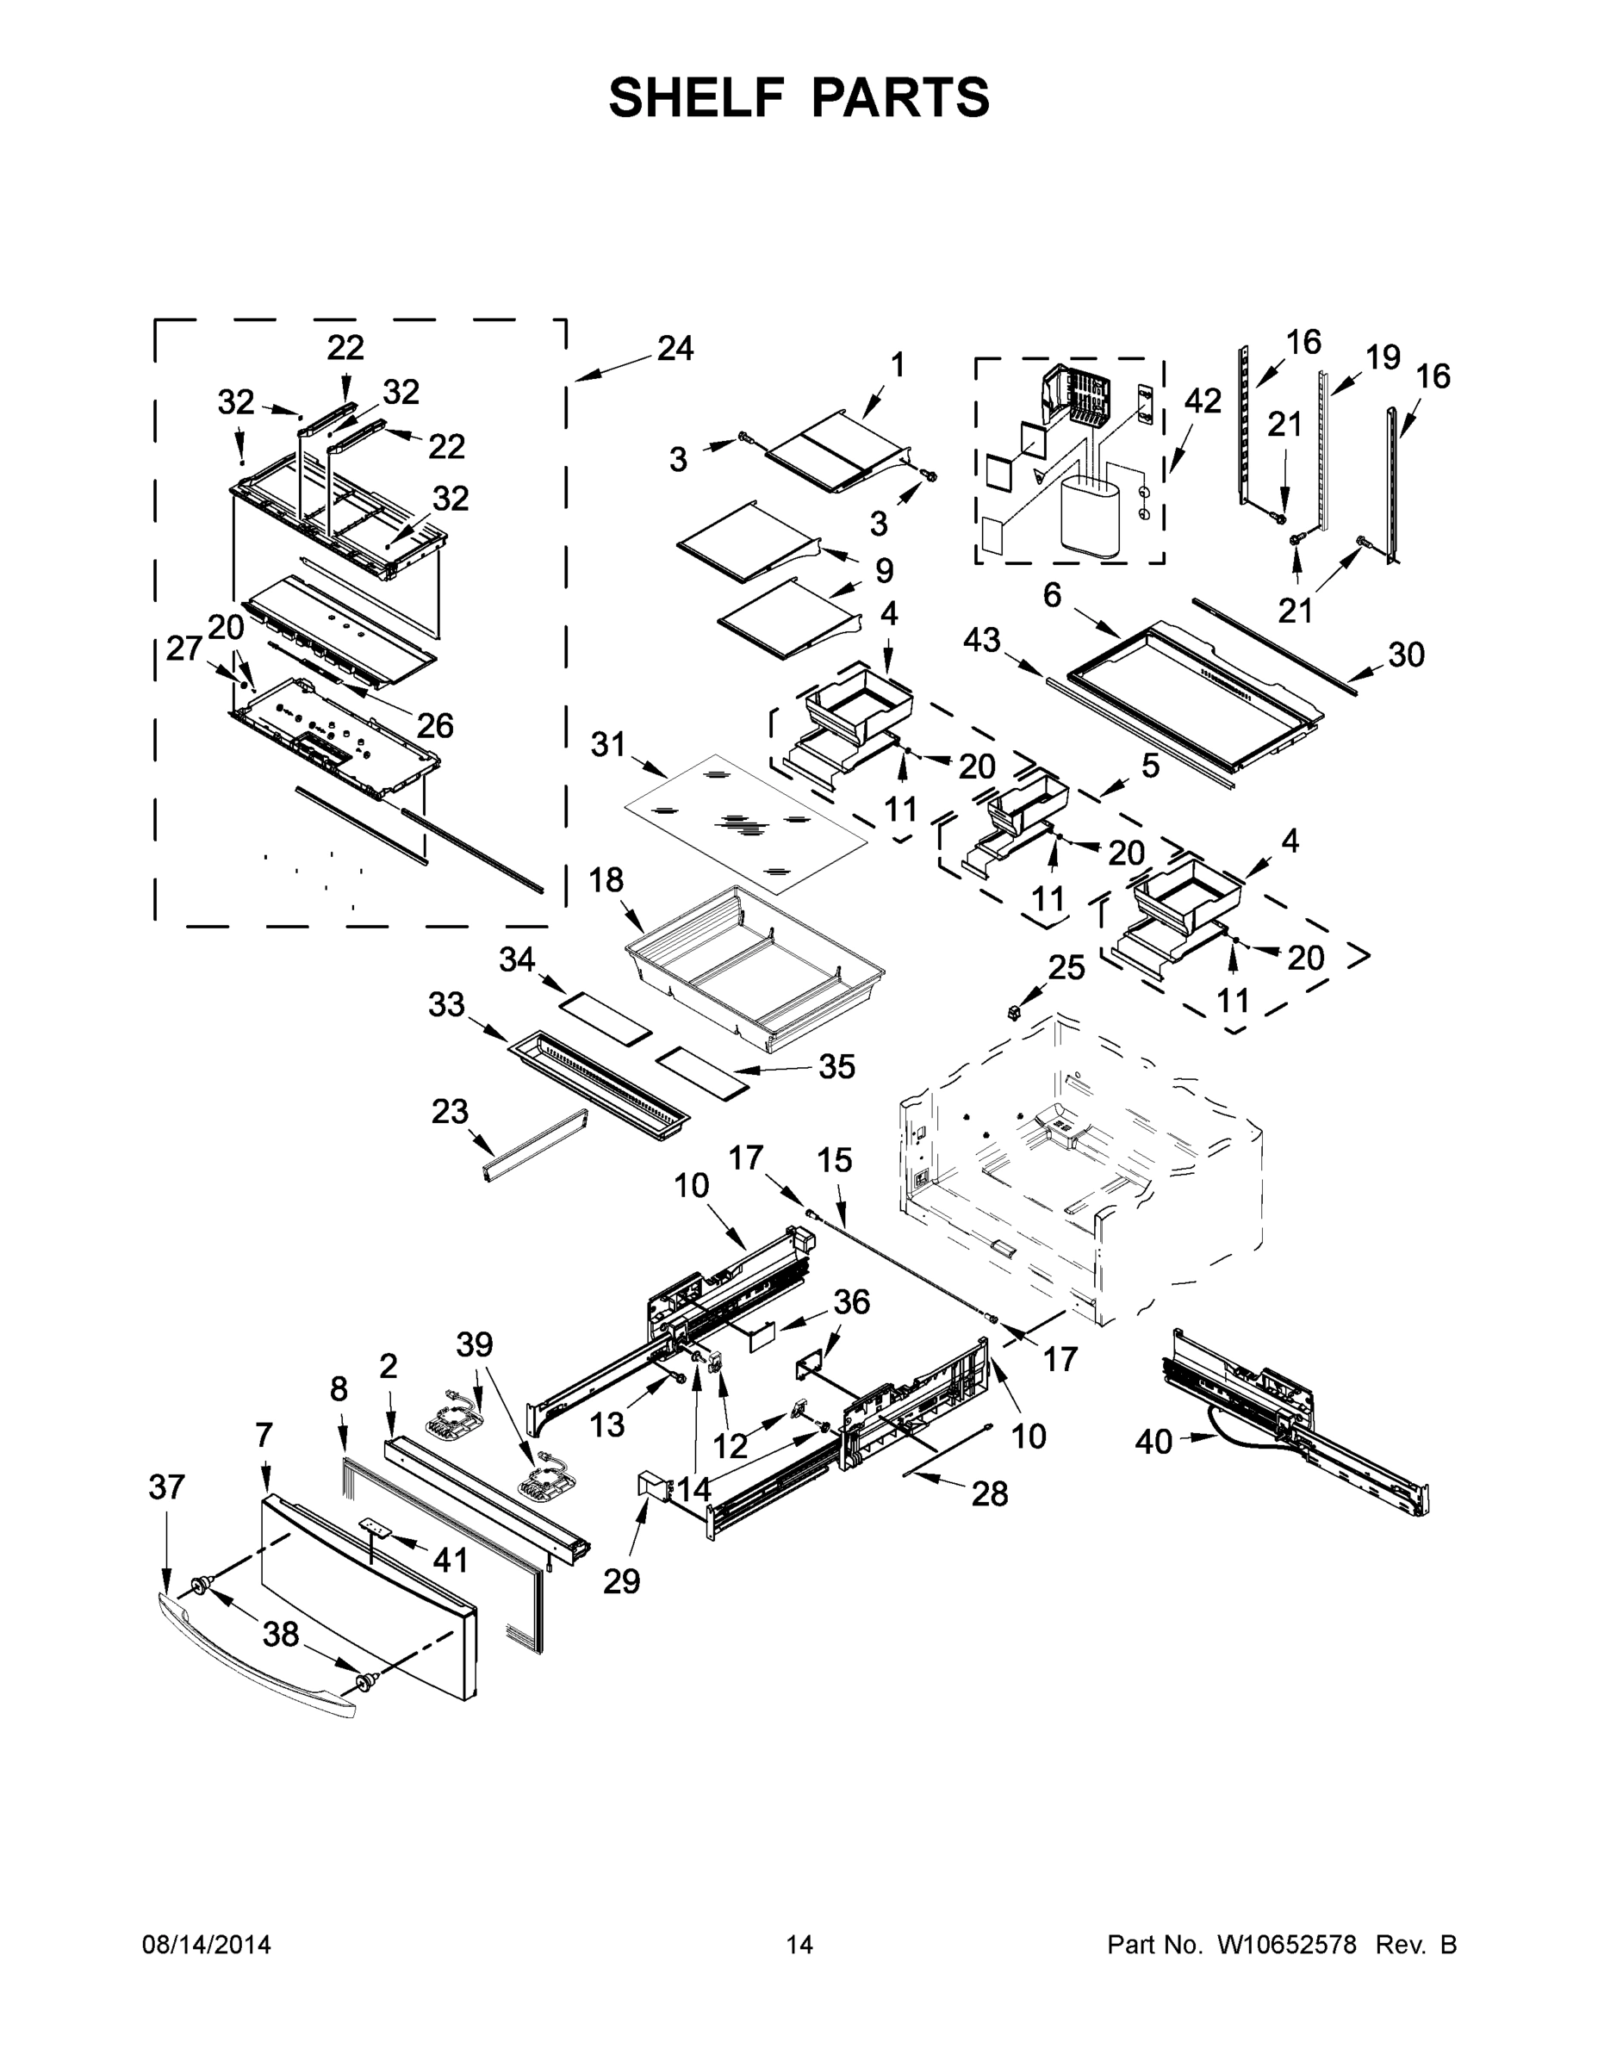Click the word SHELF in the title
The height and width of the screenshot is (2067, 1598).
tap(697, 97)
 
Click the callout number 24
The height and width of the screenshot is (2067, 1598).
tap(675, 349)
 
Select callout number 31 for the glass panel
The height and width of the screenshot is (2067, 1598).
tap(608, 745)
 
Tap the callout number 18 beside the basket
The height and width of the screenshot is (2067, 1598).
tap(606, 880)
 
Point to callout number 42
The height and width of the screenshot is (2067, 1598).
tap(1203, 401)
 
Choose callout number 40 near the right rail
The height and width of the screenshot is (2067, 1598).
tap(1153, 1443)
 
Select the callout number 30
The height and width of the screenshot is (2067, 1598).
tap(1406, 654)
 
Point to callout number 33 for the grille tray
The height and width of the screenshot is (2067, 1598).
tap(446, 1004)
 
